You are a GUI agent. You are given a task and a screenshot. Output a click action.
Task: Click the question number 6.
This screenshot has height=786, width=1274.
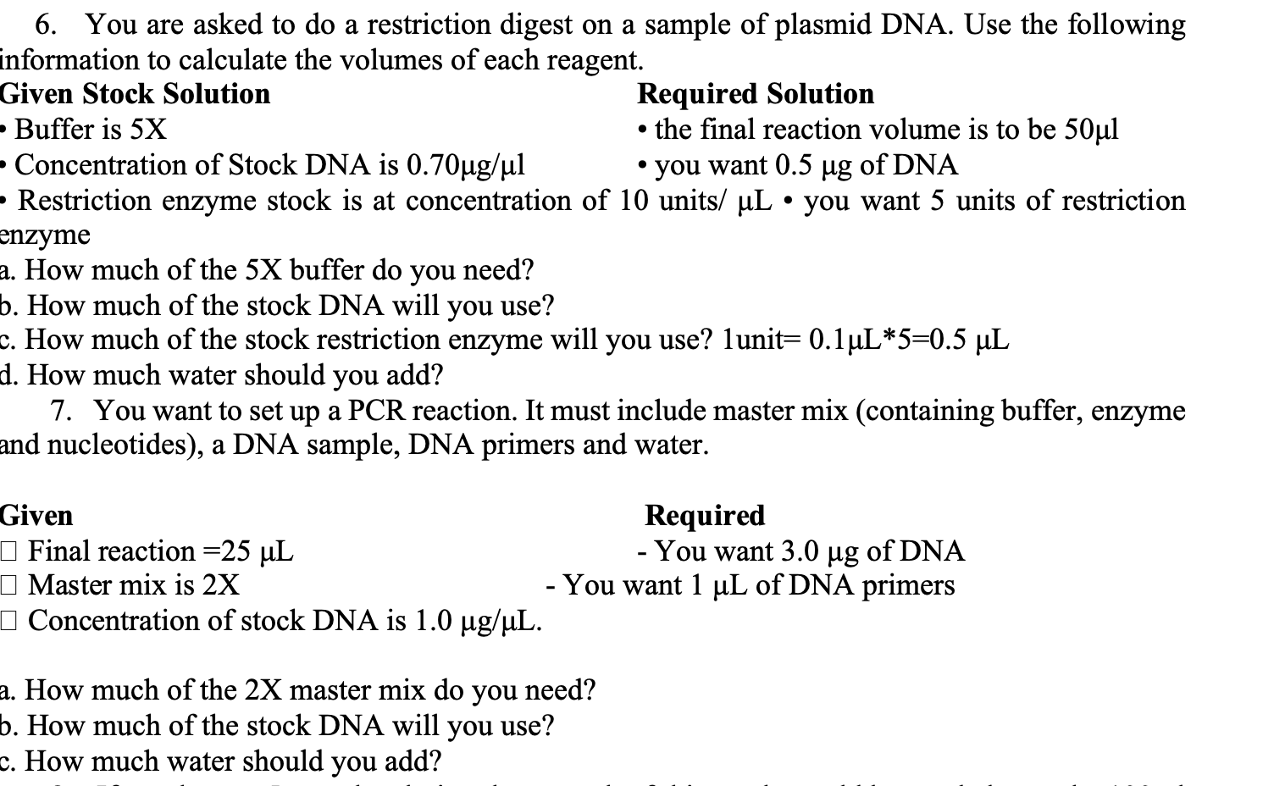(x=46, y=25)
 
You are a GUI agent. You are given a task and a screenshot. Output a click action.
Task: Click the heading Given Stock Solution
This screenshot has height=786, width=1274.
(x=136, y=94)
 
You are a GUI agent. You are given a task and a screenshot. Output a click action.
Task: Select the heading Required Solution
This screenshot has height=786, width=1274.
(x=756, y=94)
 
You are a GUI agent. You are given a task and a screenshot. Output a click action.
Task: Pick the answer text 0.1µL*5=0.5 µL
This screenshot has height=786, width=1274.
(x=909, y=340)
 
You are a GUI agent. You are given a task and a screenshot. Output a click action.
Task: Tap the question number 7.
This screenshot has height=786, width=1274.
(x=60, y=411)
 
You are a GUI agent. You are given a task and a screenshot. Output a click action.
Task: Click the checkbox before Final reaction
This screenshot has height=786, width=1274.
(x=8, y=552)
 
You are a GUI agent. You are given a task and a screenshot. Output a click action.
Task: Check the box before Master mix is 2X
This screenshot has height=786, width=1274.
(x=8, y=586)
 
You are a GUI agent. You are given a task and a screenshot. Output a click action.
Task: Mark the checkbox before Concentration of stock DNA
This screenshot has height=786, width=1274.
(x=8, y=622)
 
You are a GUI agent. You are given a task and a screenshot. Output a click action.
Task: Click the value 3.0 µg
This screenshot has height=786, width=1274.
(x=820, y=551)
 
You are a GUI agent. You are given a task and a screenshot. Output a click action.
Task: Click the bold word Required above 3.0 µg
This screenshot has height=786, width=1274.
(x=705, y=516)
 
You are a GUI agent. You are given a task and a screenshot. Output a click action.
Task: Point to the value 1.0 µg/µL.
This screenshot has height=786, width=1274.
(x=477, y=622)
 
